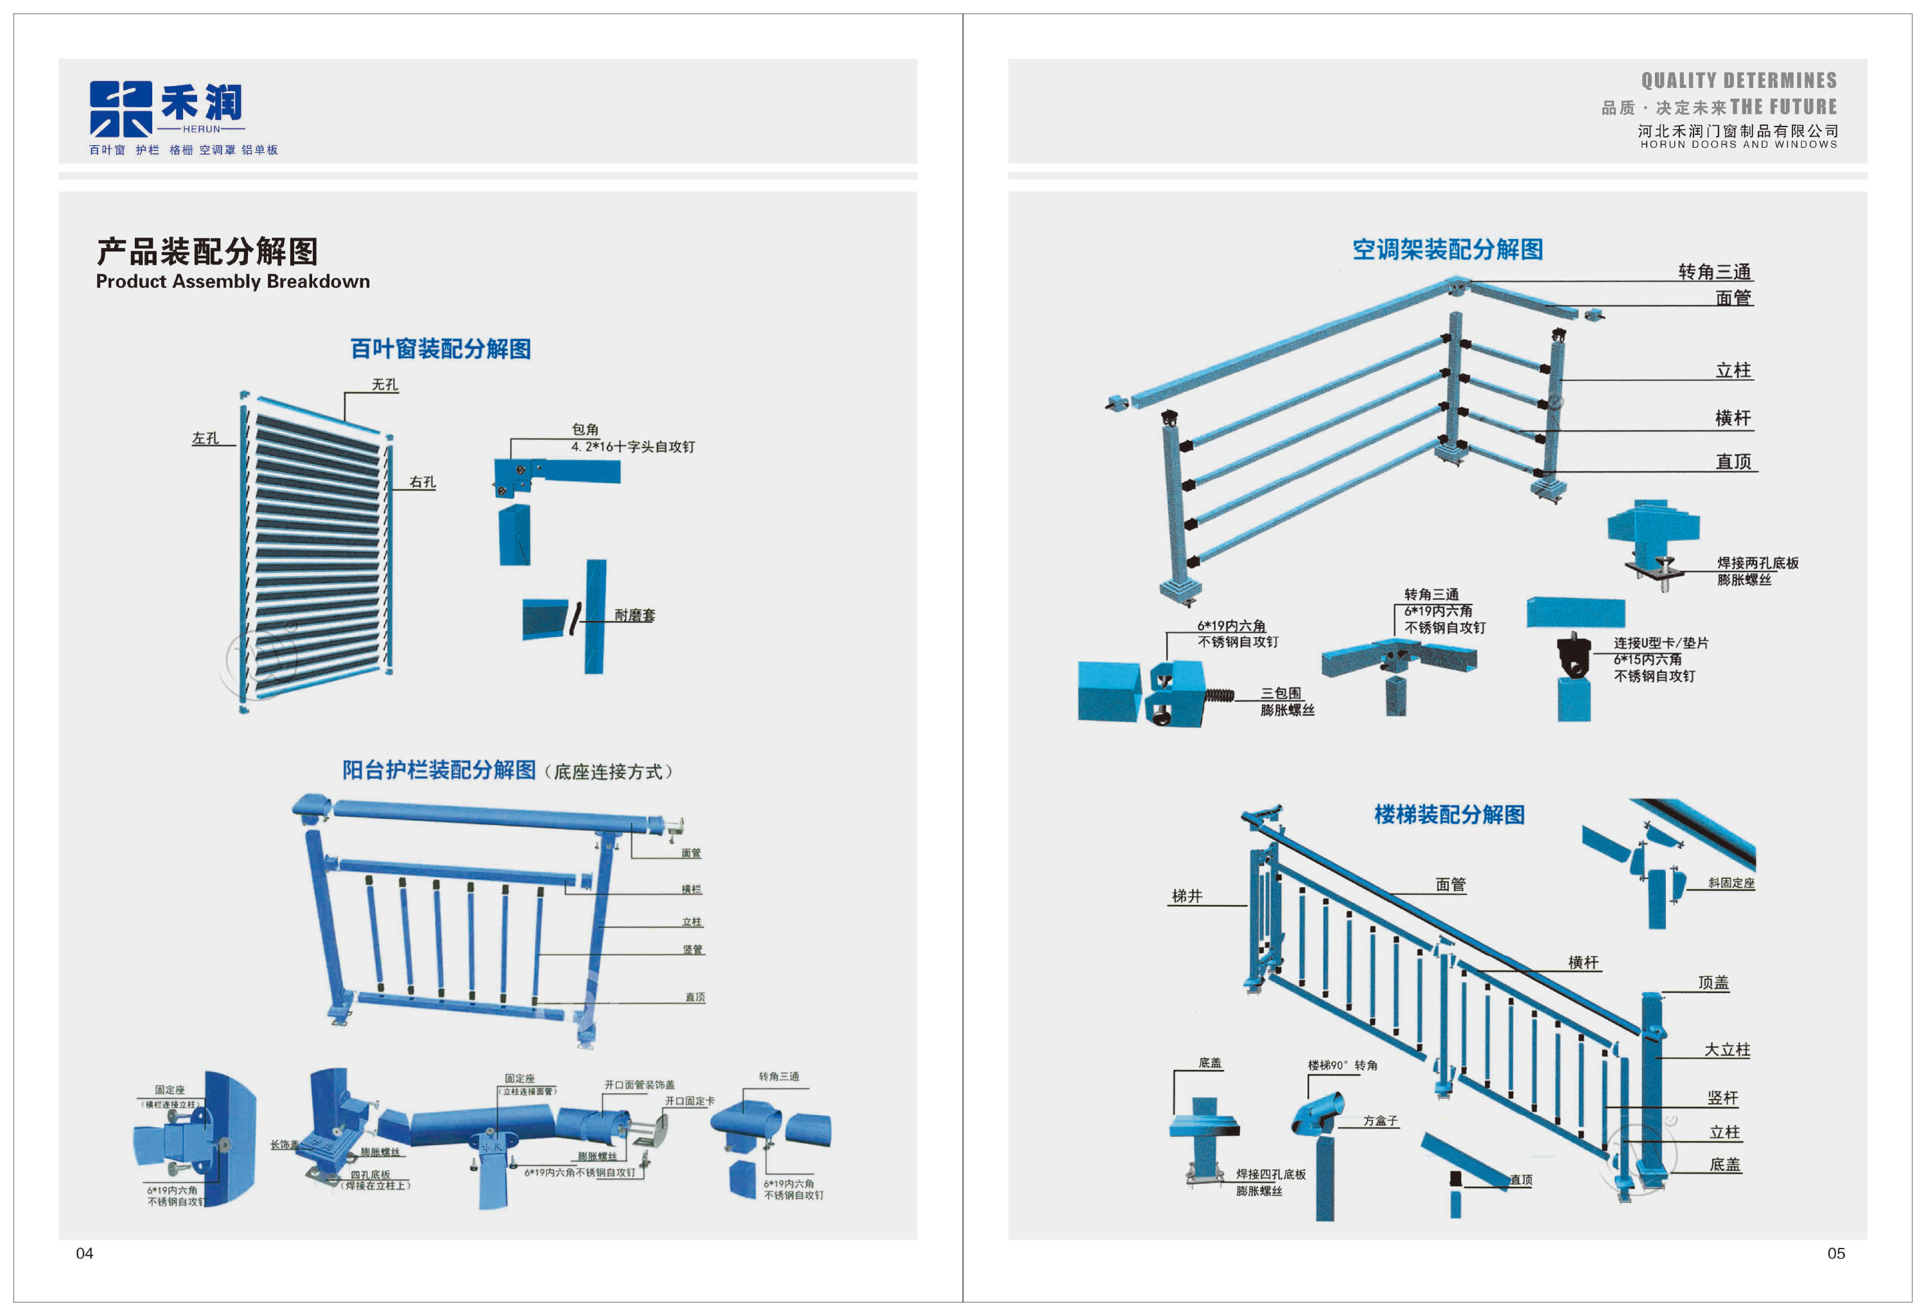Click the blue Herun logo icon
(121, 109)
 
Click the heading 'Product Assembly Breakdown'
(233, 282)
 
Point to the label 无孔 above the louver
(385, 385)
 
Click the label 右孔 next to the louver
(423, 482)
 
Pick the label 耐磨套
(635, 615)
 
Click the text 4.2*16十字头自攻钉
(633, 446)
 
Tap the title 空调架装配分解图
(1447, 249)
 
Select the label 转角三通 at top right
(1714, 272)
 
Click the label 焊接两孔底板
(1757, 563)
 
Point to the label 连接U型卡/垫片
(1660, 642)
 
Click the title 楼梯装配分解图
(1449, 814)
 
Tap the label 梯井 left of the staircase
(1187, 896)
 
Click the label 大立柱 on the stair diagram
(1726, 1049)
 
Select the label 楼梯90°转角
(1343, 1065)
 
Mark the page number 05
(1835, 1254)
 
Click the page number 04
(85, 1254)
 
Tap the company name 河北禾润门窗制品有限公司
(1738, 131)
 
